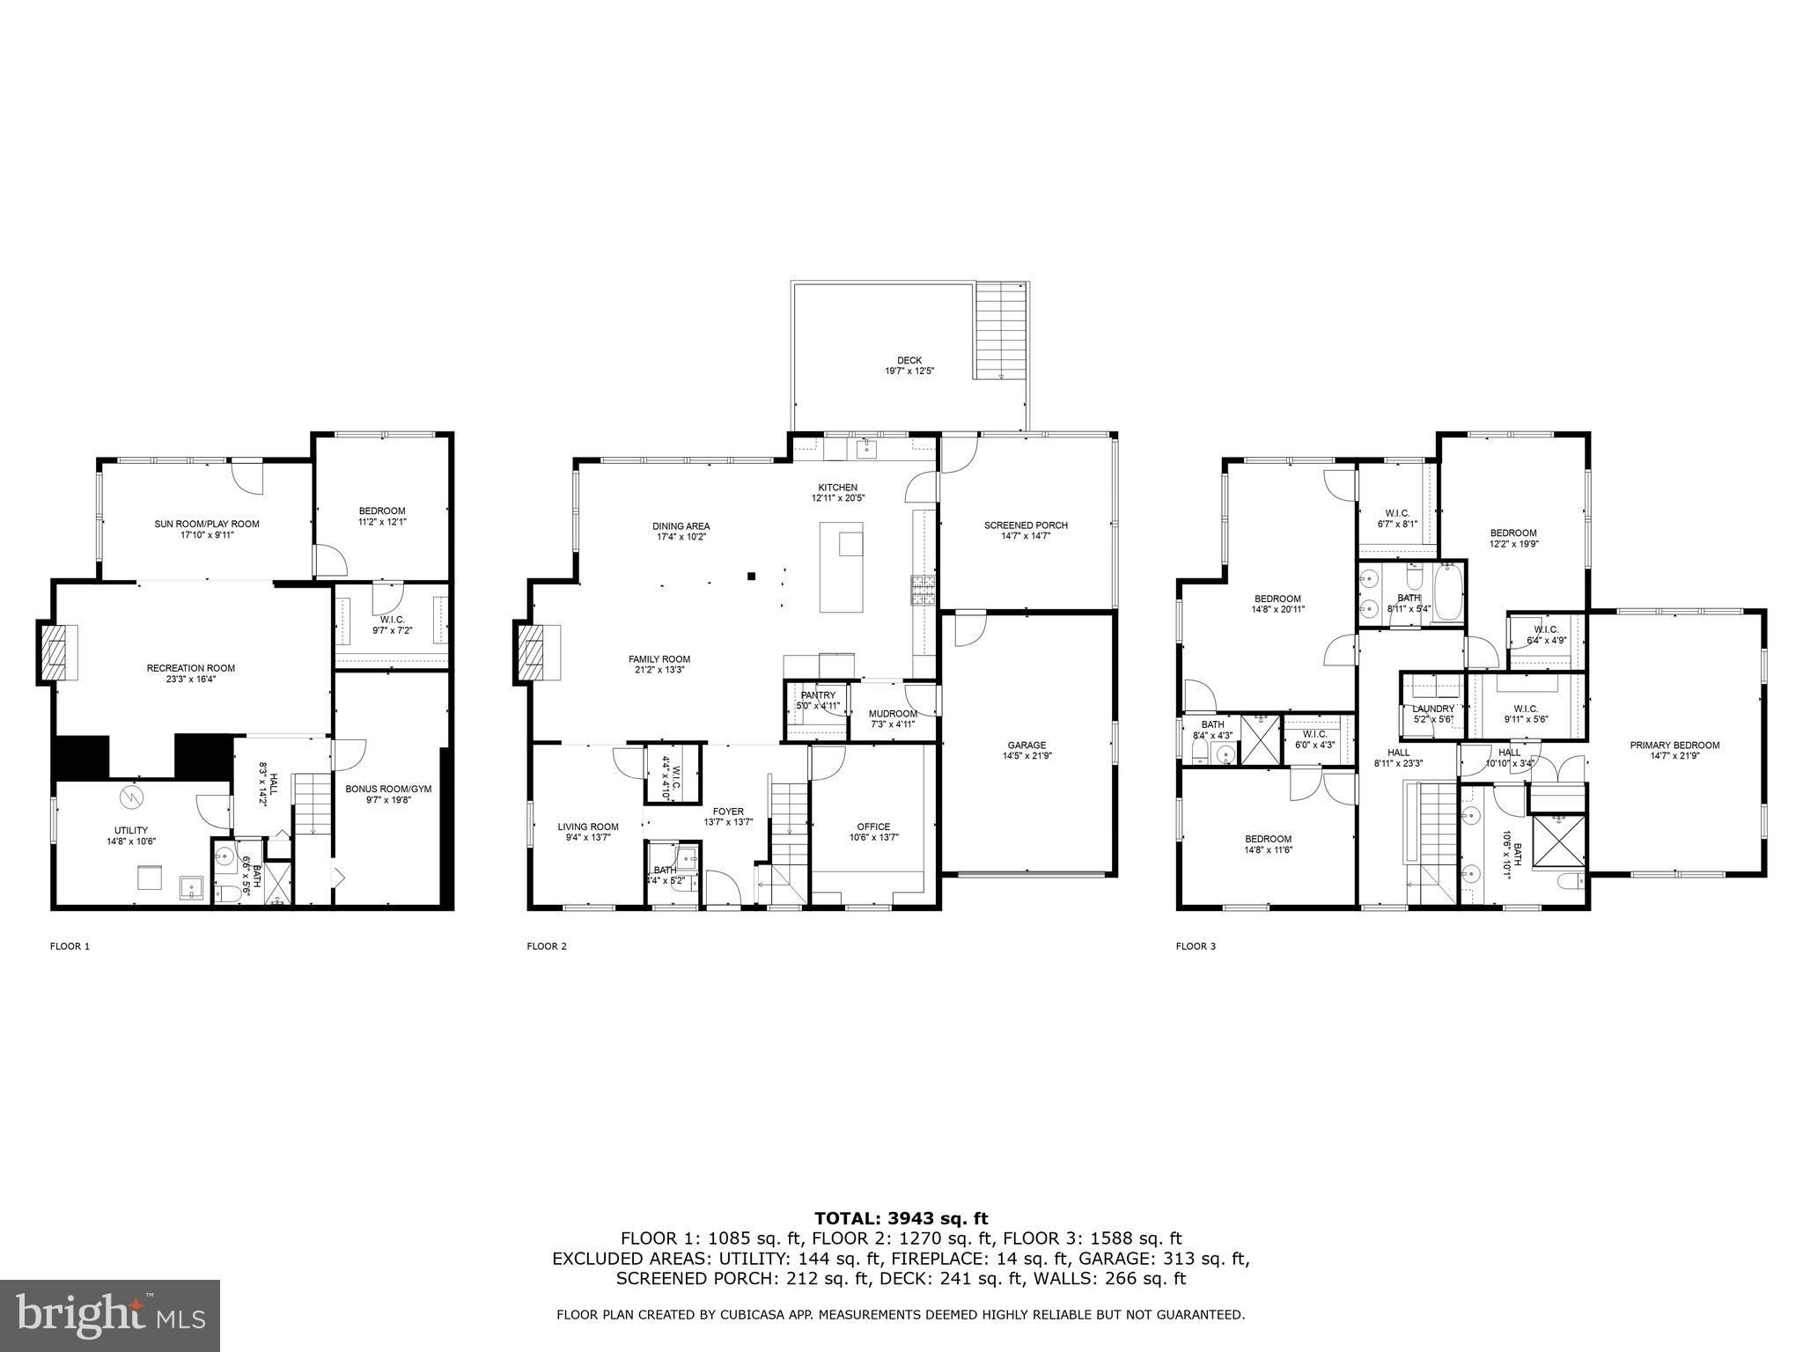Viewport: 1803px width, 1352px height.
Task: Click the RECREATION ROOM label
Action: [x=190, y=668]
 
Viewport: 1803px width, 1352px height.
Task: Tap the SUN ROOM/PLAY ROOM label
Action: [x=207, y=524]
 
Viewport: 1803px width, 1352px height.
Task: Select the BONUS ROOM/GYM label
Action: [x=388, y=789]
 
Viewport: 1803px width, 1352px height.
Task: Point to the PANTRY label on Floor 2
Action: [x=818, y=695]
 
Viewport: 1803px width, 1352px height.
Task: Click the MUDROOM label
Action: [x=893, y=714]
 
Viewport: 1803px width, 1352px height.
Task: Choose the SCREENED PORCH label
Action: [x=1026, y=525]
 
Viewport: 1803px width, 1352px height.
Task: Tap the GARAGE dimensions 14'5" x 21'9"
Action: [x=1027, y=755]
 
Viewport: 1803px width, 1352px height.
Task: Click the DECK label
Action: [x=909, y=360]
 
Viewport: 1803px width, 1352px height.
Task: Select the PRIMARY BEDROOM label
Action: [x=1674, y=745]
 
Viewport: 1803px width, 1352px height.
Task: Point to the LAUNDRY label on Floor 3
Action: [x=1433, y=709]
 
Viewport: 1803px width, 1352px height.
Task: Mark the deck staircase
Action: [x=1002, y=330]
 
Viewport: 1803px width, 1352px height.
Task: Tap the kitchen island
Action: [x=841, y=567]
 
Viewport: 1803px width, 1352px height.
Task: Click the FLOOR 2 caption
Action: [x=547, y=946]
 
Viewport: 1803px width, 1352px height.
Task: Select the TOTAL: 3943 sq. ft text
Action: [x=901, y=1218]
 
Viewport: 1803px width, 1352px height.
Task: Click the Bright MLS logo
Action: [x=110, y=1315]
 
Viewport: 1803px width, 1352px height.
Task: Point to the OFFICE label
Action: [x=873, y=827]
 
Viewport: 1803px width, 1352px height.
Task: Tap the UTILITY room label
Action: [x=130, y=830]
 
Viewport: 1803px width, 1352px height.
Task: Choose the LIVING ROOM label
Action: [x=588, y=827]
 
